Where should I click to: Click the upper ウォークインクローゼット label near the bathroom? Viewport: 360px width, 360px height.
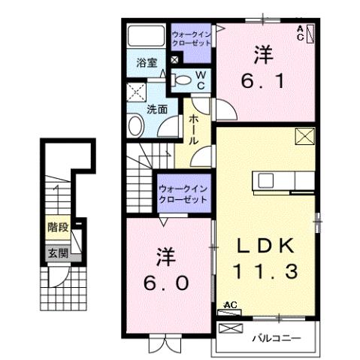(193, 38)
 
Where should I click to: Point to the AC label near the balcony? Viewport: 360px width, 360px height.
(231, 305)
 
